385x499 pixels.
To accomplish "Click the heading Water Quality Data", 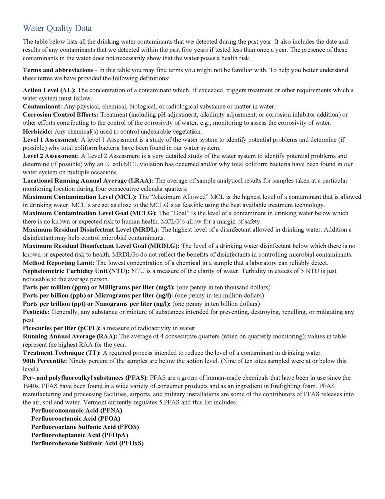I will point(57,28).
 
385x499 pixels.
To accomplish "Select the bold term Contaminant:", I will point(43,106).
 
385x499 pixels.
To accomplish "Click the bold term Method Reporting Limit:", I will point(59,262).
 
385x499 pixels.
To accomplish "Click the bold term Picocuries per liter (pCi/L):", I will point(62,328).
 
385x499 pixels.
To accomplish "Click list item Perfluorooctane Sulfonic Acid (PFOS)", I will point(85,427).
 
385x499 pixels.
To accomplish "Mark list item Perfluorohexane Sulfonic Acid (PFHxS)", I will point(87,443).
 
